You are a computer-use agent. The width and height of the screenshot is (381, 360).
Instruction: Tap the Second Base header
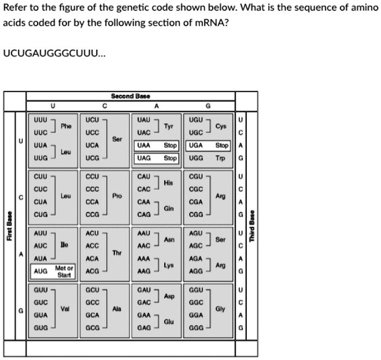pyautogui.click(x=131, y=95)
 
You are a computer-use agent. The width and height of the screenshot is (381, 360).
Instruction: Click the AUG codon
pyautogui.click(x=40, y=271)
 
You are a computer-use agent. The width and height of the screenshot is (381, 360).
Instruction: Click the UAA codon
pyautogui.click(x=144, y=146)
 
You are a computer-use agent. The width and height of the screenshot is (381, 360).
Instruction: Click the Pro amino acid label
pyautogui.click(x=117, y=196)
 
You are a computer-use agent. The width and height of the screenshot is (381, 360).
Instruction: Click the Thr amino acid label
pyautogui.click(x=117, y=253)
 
